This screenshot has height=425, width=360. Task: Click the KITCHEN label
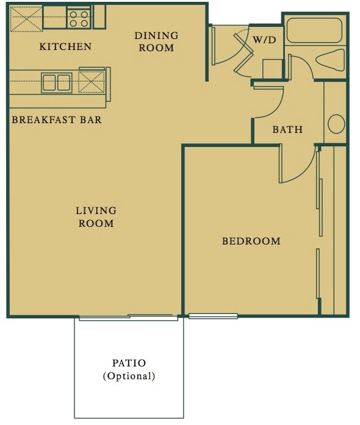tap(65, 46)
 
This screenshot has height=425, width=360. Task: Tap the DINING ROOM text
tap(156, 41)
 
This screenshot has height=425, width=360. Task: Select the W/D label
tap(264, 40)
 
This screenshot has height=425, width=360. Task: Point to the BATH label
tap(287, 129)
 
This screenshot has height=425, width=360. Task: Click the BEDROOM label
tap(251, 241)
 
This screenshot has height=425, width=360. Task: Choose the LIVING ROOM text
tap(96, 217)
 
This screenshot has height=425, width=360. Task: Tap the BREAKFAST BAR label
tap(57, 120)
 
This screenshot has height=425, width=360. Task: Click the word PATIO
tap(129, 364)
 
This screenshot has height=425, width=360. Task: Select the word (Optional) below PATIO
tap(129, 376)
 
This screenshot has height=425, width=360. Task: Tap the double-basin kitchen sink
tap(56, 82)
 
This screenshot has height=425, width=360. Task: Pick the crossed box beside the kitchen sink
tap(90, 81)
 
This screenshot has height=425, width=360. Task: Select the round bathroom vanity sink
tap(336, 124)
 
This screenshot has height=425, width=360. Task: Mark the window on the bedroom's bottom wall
tap(213, 316)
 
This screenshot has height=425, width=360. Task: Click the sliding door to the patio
tap(128, 317)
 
